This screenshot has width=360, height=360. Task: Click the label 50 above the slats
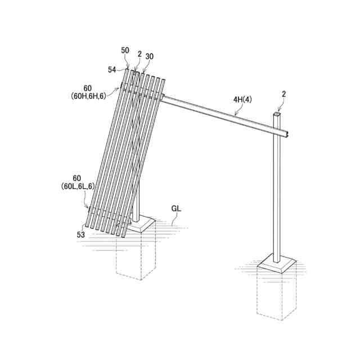click(125, 51)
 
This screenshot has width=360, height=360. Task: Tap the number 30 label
click(149, 56)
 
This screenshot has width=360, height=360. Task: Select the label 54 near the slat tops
click(112, 69)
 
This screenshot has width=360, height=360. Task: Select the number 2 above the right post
click(283, 94)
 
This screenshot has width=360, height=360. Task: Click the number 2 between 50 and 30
click(138, 55)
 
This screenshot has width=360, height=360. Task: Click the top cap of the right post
click(277, 114)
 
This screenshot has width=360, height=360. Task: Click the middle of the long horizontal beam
click(225, 115)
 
